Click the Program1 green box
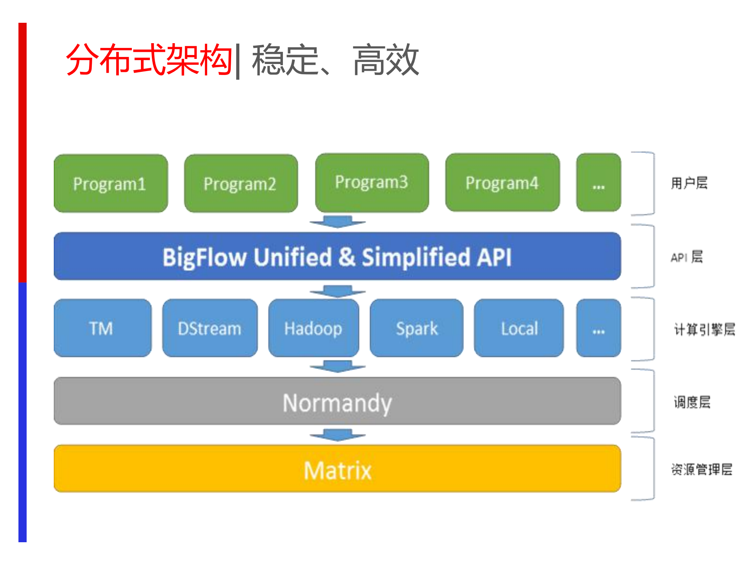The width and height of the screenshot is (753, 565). pos(111,183)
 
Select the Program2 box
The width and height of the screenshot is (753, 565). pos(241,183)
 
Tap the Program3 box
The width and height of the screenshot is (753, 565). pos(372,182)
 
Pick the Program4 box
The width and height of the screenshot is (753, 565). pos(502,183)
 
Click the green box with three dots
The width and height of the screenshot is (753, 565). pos(598,183)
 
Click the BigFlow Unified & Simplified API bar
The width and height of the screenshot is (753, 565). pos(337,256)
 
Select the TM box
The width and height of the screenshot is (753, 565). pos(102,328)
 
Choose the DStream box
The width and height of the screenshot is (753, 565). pos(210,328)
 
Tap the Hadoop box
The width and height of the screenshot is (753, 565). pos(314,328)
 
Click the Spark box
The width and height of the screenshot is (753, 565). pos(416,328)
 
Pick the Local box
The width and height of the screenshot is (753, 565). pos(519,328)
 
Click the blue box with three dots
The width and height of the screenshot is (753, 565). pos(598,328)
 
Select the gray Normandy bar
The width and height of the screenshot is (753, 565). pos(337,401)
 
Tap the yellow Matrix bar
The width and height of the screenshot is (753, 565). pos(337,469)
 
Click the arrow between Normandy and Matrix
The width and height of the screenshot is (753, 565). pos(337,435)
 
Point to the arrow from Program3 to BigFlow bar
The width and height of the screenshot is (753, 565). pos(337,222)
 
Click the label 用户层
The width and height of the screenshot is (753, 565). pos(689,183)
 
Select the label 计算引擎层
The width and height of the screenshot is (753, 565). pos(704,329)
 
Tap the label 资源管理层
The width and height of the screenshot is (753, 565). pos(702,469)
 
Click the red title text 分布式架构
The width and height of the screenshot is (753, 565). pos(149,60)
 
